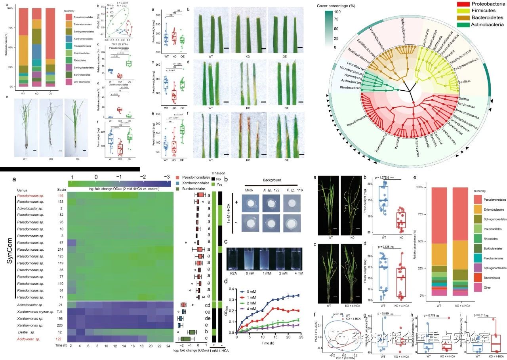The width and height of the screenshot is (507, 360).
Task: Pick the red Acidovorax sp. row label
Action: tap(32, 339)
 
